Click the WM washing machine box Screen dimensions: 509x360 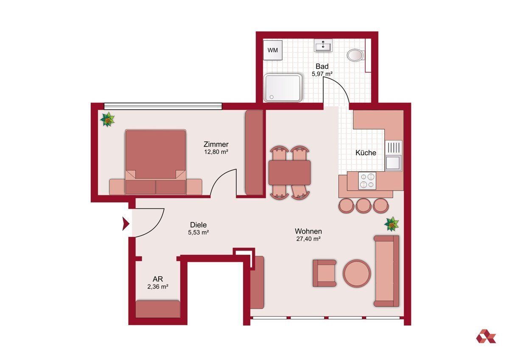coord(273,50)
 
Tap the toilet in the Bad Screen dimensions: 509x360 coord(355,55)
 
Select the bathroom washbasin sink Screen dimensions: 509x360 coord(323,45)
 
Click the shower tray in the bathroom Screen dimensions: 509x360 coord(283,88)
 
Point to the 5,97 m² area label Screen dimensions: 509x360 coord(322,74)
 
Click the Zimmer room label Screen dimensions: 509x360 coord(216,144)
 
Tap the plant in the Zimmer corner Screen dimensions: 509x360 coord(107,119)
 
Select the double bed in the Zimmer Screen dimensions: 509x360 coord(156,162)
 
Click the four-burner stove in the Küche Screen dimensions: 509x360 coord(367,181)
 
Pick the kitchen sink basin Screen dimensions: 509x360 coord(393,163)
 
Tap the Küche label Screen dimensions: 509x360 coord(366,152)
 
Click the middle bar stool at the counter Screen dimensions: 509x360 coord(364,205)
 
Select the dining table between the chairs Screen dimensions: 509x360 coord(289,173)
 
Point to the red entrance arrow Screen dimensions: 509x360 coord(126,224)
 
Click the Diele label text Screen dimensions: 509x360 coord(199,225)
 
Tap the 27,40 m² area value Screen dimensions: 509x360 coord(308,239)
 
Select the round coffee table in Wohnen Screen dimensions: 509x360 coord(357,273)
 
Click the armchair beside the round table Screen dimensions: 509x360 coord(324,273)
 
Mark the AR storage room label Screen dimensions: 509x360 coord(158,279)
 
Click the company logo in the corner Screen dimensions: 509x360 coord(486,342)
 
